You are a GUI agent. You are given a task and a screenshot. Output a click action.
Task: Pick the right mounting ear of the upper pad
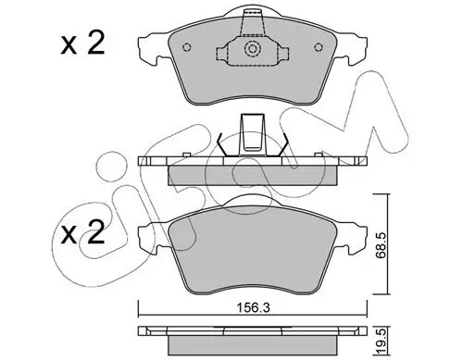click(x=347, y=47)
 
